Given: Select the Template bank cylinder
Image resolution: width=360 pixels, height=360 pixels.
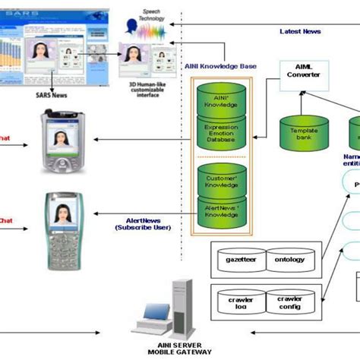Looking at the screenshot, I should [303, 133].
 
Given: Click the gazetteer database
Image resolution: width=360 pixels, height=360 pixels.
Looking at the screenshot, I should [239, 261].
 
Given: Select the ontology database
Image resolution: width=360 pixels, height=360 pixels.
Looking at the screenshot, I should [290, 261].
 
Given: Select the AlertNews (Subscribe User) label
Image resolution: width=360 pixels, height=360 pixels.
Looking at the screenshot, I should [142, 223].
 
